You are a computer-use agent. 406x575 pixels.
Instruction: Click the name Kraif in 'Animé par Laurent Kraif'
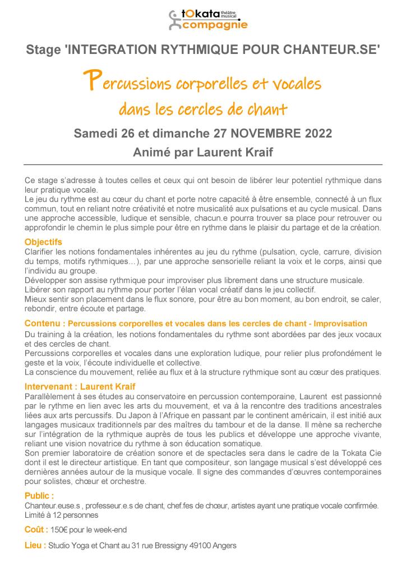(253, 152)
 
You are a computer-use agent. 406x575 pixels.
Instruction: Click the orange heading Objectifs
(43, 242)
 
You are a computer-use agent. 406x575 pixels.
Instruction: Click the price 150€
(58, 530)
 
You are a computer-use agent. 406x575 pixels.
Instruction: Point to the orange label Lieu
(34, 545)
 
